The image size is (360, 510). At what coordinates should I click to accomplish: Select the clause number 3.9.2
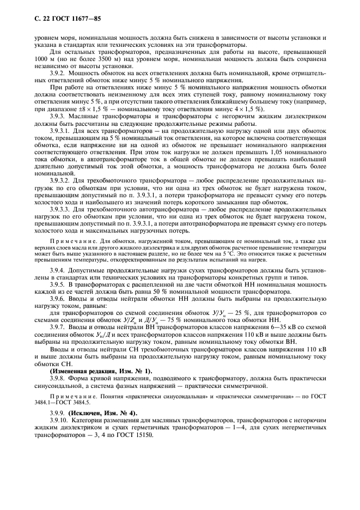[x=57, y=72]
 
